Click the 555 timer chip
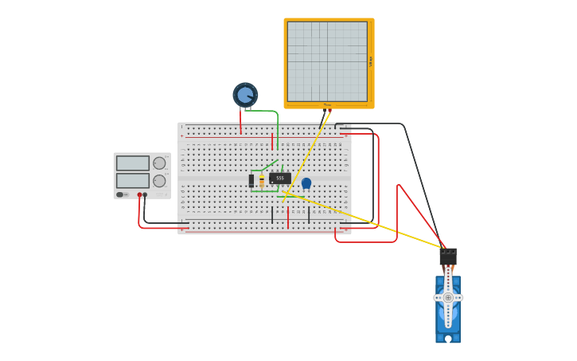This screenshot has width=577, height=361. (x=279, y=178)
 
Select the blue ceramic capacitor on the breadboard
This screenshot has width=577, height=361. (x=306, y=182)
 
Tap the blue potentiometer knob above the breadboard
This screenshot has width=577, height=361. (x=245, y=95)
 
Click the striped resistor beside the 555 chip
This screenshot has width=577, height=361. (x=262, y=181)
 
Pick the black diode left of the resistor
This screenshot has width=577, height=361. (x=251, y=180)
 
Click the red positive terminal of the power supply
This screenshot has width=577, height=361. (x=139, y=194)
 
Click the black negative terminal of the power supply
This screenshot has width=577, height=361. (x=145, y=194)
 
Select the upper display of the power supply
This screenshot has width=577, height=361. (x=132, y=163)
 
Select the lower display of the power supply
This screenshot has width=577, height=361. (x=132, y=180)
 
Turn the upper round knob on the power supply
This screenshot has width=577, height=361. (x=159, y=163)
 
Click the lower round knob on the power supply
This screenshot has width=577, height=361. (x=159, y=180)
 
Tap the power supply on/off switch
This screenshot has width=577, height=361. (x=120, y=194)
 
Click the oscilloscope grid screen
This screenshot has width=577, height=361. (x=327, y=61)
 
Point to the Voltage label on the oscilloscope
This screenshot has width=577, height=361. (x=371, y=61)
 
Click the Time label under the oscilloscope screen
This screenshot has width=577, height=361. (x=327, y=104)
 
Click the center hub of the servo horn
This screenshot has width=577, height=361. (x=448, y=297)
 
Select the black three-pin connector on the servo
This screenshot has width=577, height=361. (x=448, y=257)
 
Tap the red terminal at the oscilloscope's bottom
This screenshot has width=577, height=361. (x=329, y=110)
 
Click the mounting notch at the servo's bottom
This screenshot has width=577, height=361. (x=448, y=339)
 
